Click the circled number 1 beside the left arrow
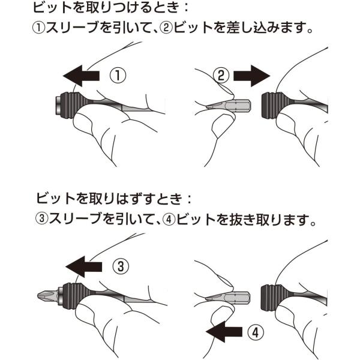pos(118,76)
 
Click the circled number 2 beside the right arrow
pos(221,76)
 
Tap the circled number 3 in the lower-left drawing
pos(121,266)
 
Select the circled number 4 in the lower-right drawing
pos(256,332)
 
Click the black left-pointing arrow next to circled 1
pos(81,76)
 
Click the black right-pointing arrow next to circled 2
pos(251,76)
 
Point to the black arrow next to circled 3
pos(84,266)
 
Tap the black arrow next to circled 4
pos(224,332)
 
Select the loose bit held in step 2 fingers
pos(228,106)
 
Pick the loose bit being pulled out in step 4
pos(227,298)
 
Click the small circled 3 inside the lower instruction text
pos(42,218)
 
